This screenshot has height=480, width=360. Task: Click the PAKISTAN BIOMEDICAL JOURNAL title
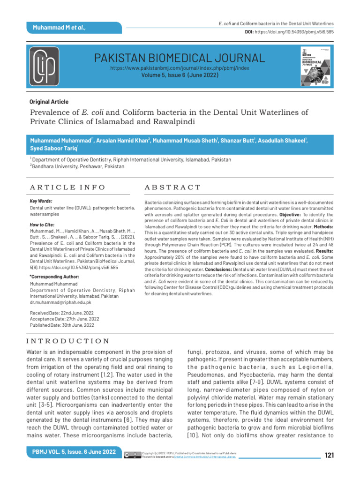pos(180,58)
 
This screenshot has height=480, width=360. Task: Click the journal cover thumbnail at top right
pos(313,66)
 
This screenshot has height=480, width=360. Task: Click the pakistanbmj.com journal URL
pos(180,68)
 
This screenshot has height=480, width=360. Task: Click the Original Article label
pos(49,102)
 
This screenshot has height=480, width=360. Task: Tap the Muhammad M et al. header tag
pos(59,28)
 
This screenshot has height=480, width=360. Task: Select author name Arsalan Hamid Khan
pos(123,140)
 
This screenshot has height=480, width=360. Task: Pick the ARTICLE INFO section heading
pos(67,187)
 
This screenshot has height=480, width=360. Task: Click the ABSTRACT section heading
pos(172,187)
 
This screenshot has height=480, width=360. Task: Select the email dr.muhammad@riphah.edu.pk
pos(60,303)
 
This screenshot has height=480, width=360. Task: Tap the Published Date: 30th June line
pos(62,325)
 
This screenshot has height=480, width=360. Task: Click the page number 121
pos(329,454)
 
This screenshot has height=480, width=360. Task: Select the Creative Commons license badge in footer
pos(132,455)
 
